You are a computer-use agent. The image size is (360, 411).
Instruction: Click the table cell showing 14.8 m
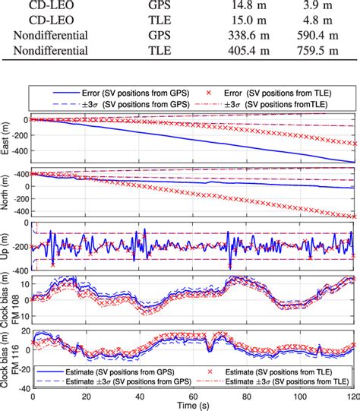click(221, 8)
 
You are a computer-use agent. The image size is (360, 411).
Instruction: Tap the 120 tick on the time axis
click(352, 397)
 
